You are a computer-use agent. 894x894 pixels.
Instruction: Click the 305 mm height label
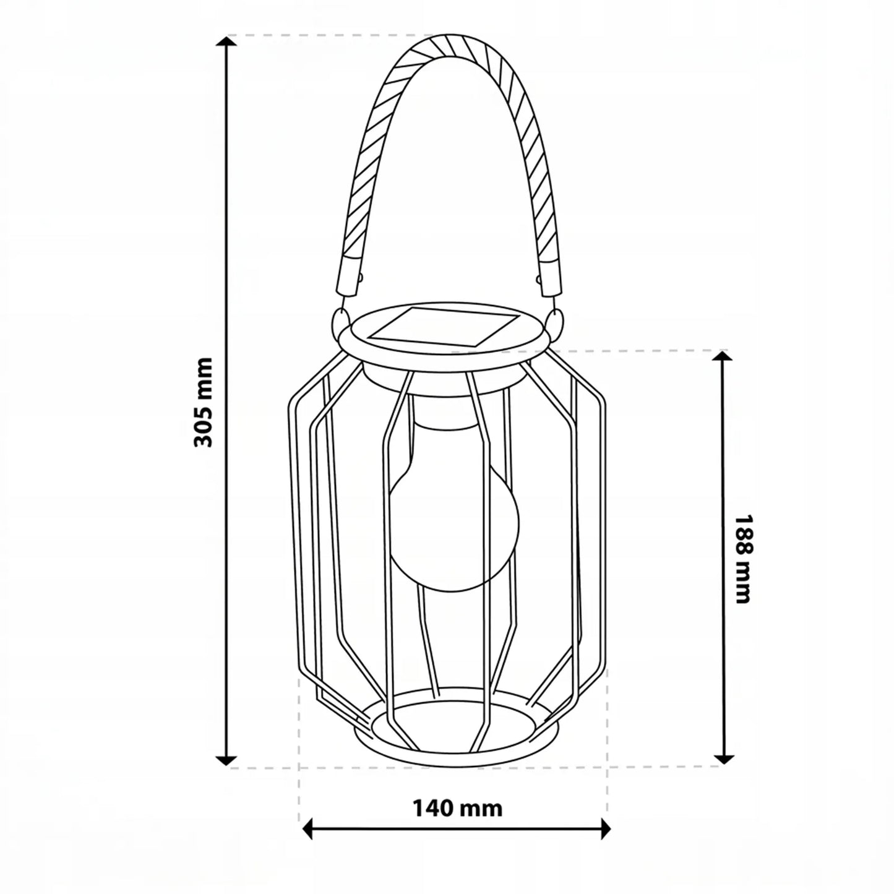[203, 402]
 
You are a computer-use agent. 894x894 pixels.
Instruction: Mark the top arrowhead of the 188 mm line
[722, 357]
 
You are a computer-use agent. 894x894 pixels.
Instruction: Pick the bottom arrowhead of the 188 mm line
[722, 758]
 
